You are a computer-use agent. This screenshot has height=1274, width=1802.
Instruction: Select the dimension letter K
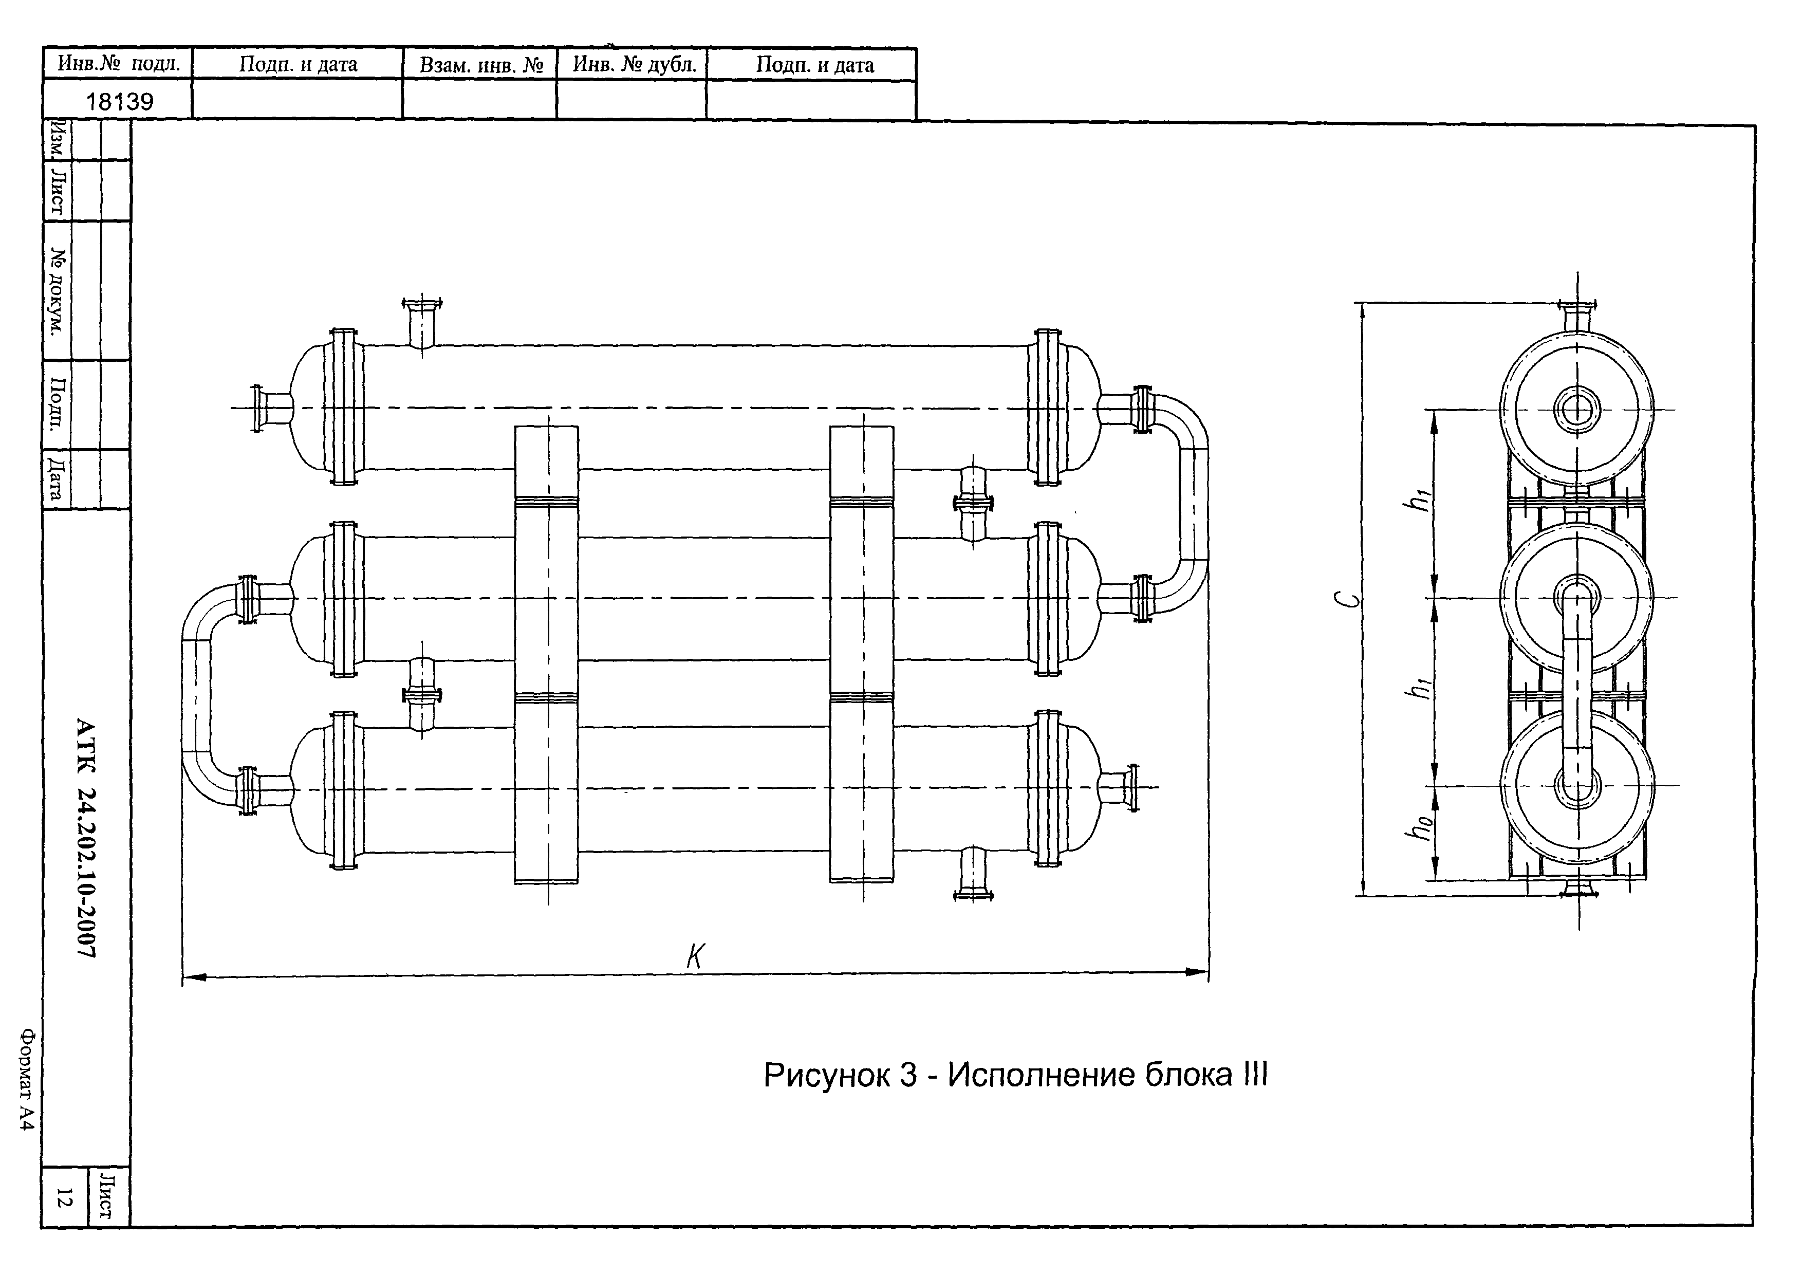695,956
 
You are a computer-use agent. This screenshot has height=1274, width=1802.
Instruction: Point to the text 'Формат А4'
27,1079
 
